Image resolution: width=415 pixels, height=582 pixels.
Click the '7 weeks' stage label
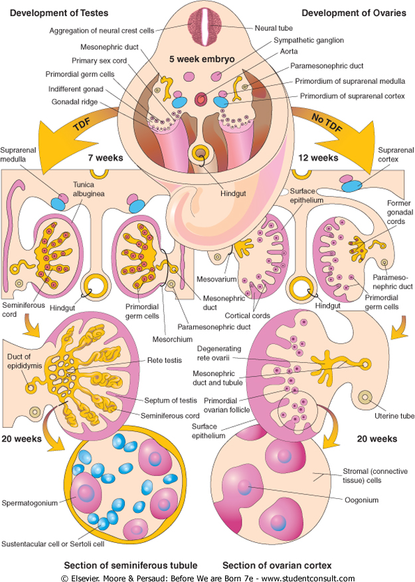106,159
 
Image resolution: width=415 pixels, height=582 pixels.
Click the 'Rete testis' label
163,361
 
